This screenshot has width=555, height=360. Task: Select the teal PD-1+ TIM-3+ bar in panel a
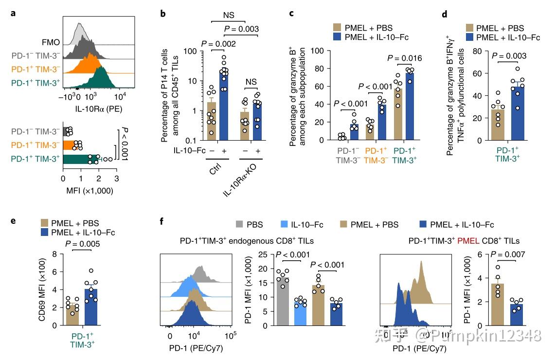pyautogui.click(x=81, y=159)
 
